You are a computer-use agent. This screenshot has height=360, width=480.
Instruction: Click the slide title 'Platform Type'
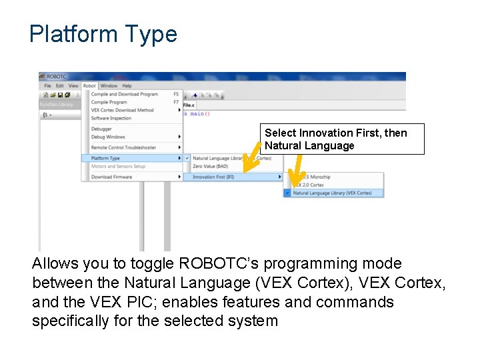click(x=103, y=33)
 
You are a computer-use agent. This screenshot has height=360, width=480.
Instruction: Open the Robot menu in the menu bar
click(x=89, y=85)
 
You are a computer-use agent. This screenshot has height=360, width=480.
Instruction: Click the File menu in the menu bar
click(x=47, y=85)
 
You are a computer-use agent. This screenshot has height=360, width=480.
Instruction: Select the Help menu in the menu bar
click(x=127, y=85)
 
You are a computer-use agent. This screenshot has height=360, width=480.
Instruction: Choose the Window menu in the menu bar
click(x=109, y=85)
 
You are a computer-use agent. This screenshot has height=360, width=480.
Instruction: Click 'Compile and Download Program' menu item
click(x=124, y=94)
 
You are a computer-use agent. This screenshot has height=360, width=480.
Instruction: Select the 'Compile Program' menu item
click(x=109, y=102)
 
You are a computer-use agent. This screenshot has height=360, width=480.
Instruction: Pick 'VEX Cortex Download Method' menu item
click(x=122, y=110)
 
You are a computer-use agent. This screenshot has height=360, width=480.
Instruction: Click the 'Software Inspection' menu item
click(x=111, y=118)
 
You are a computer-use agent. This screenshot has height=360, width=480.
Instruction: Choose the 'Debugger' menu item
click(x=101, y=129)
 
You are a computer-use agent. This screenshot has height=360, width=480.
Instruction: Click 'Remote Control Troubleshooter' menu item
click(x=123, y=147)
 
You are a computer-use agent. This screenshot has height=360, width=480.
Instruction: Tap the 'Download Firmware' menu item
click(x=111, y=177)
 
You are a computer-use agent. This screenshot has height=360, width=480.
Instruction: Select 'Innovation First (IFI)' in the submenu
click(x=213, y=177)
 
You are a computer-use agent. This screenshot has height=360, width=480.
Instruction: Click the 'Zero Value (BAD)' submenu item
click(x=209, y=166)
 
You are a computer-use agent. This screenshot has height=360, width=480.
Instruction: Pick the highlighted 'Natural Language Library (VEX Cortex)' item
click(x=332, y=193)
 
